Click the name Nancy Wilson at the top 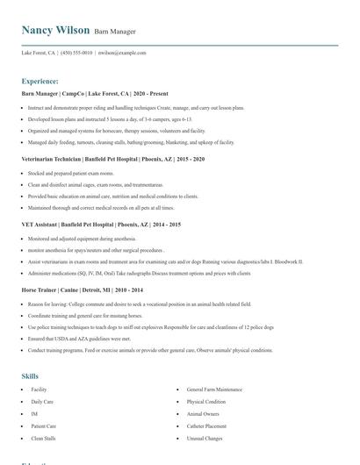point(55,31)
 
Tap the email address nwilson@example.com point(122,53)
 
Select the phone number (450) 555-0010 point(76,53)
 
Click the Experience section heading point(40,81)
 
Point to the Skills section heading point(30,376)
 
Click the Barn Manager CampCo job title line point(89,93)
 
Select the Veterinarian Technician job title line point(113,159)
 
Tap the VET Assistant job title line point(101,225)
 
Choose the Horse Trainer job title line point(83,290)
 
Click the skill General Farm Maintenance point(214,389)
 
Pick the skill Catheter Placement point(207,426)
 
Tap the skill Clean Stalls point(44,438)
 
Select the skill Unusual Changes point(205,438)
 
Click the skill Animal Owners point(203,413)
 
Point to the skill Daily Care point(42,401)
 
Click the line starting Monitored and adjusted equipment point(82,238)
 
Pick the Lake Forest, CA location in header point(39,53)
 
